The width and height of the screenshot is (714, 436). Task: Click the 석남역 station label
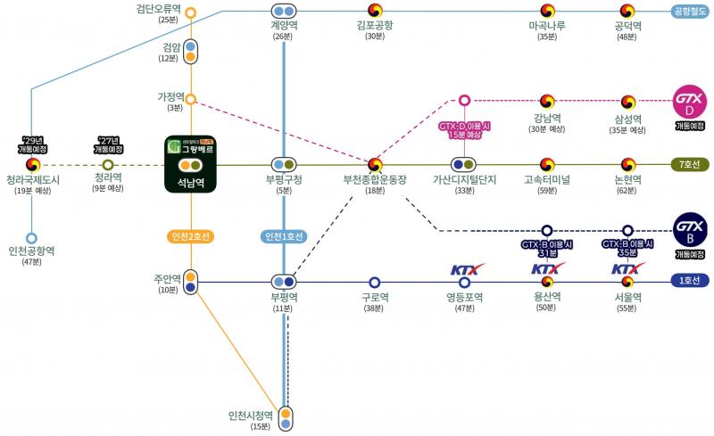click(x=190, y=185)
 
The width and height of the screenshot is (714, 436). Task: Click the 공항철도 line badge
click(x=690, y=12)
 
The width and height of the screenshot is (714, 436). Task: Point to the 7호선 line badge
click(x=690, y=164)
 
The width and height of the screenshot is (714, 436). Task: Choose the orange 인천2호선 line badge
click(x=190, y=236)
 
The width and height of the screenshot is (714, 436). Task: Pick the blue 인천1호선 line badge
click(x=284, y=236)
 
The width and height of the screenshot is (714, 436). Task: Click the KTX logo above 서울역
click(x=627, y=268)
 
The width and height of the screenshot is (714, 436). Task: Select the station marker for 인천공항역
click(x=32, y=238)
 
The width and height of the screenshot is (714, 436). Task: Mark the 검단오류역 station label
click(x=158, y=9)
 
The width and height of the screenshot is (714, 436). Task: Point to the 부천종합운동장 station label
click(x=375, y=179)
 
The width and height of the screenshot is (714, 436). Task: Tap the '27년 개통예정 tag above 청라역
click(x=108, y=145)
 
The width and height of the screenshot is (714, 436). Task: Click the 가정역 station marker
click(x=190, y=99)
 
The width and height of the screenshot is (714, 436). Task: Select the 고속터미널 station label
click(x=547, y=179)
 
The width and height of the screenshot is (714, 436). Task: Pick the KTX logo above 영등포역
click(x=465, y=268)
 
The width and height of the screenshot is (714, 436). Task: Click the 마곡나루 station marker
click(x=547, y=12)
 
